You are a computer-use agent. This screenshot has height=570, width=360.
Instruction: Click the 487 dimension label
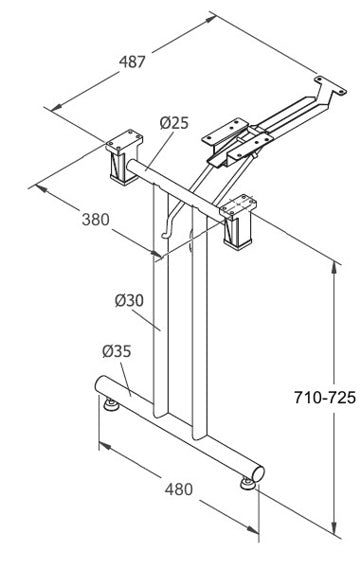133,61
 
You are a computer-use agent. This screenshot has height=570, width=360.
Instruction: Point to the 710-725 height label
324,397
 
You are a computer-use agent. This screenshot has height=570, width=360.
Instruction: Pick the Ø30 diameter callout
130,299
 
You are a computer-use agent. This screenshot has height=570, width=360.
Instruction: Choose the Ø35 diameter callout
116,351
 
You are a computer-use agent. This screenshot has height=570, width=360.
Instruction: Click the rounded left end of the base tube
100,384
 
